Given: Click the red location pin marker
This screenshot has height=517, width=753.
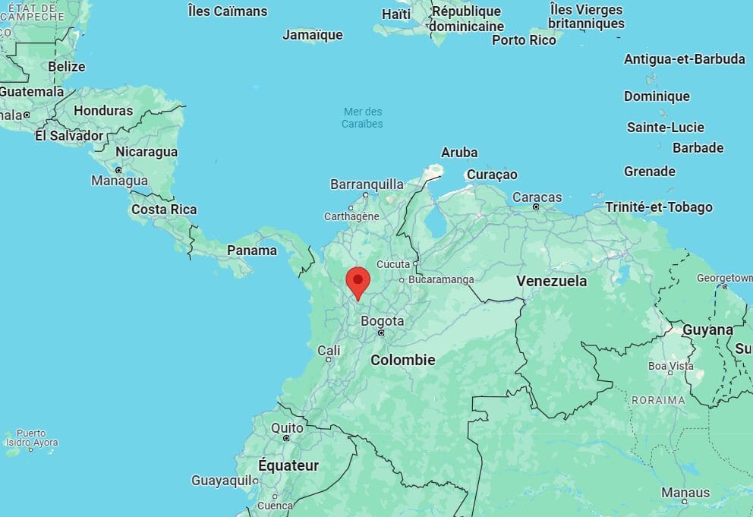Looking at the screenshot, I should pyautogui.click(x=358, y=281).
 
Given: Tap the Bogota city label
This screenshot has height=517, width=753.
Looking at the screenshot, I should pyautogui.click(x=382, y=321).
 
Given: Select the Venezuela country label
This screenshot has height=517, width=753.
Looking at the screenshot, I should pyautogui.click(x=551, y=281).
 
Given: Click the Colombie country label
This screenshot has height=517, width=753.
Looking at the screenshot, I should pyautogui.click(x=402, y=360).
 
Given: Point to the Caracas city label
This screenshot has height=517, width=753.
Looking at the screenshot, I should pyautogui.click(x=537, y=197).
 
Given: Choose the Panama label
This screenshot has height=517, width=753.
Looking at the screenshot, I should pyautogui.click(x=252, y=250).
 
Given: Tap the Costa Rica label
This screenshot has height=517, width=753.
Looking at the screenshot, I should pyautogui.click(x=164, y=210).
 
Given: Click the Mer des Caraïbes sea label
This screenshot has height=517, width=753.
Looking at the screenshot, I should pyautogui.click(x=362, y=118).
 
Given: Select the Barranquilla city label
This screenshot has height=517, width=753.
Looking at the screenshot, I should pyautogui.click(x=367, y=184).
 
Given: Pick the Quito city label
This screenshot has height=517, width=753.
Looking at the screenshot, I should pyautogui.click(x=287, y=428).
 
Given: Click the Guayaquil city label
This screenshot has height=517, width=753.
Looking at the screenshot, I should pyautogui.click(x=221, y=480).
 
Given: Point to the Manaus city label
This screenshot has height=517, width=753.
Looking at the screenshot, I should pyautogui.click(x=685, y=493).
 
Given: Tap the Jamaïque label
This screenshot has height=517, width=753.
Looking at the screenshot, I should pyautogui.click(x=312, y=35).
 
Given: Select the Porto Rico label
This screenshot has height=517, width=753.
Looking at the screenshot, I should pyautogui.click(x=524, y=39).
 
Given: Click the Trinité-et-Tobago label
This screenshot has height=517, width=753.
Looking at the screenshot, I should pyautogui.click(x=658, y=206).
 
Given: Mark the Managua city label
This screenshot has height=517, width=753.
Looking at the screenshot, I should pyautogui.click(x=119, y=181).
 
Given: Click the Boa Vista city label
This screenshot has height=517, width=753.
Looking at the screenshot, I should pyautogui.click(x=670, y=365).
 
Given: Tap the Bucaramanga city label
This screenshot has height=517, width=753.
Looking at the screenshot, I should pyautogui.click(x=440, y=279).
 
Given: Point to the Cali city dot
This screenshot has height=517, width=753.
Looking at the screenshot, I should pyautogui.click(x=329, y=359).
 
